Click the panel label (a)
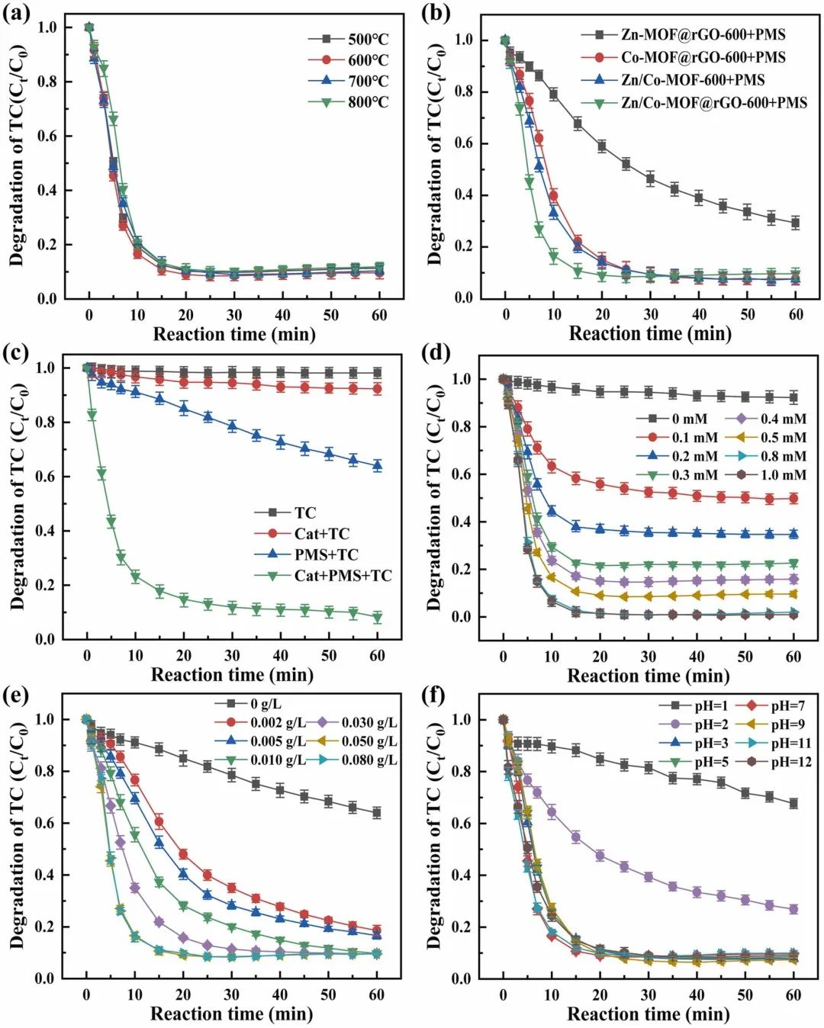tap(16, 14)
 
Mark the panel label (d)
tap(436, 353)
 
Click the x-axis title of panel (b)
tap(650, 333)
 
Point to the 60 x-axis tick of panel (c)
tap(377, 656)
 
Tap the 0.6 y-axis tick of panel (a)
tap(47, 136)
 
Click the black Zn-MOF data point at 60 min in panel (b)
tap(795, 223)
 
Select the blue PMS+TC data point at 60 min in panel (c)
tap(377, 465)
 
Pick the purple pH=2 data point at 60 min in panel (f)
tap(793, 909)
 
